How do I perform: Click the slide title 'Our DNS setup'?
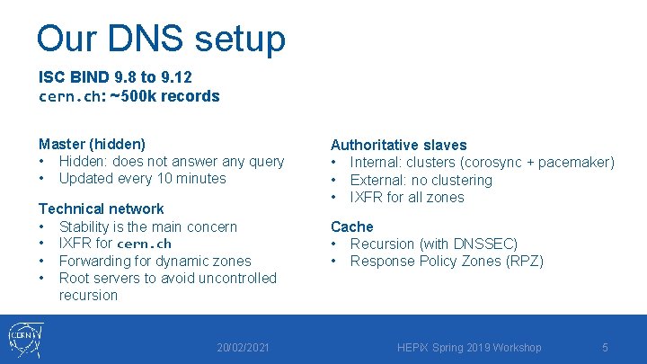[161, 39]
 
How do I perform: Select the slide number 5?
[605, 348]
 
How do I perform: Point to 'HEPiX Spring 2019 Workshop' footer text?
[469, 348]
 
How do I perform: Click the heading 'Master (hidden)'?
[92, 144]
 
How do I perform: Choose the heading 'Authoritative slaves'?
[398, 145]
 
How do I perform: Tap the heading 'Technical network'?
[101, 209]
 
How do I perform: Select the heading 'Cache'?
[351, 226]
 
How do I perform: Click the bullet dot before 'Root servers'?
[42, 279]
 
